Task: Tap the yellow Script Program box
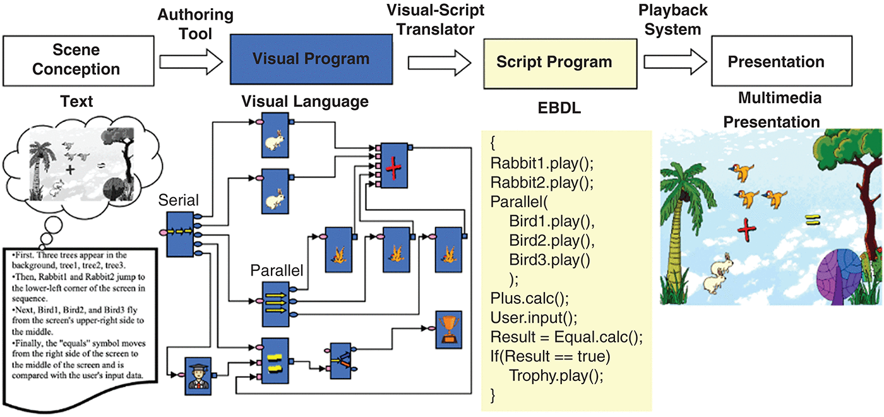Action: (554, 62)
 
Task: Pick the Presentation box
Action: (776, 62)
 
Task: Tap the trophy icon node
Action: (448, 329)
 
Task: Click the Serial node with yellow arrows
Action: (181, 234)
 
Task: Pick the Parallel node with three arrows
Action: (275, 303)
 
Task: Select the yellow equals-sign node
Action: (274, 363)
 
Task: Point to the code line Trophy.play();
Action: (556, 375)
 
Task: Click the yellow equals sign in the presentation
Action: (811, 221)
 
